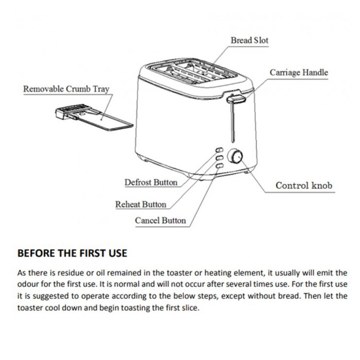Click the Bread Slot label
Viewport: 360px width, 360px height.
[249, 40]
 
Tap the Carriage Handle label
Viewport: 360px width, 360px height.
[299, 73]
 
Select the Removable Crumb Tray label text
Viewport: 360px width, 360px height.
[66, 89]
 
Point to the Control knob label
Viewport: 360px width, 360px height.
[304, 185]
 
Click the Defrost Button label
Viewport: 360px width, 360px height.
[151, 182]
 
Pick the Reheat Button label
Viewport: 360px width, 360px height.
[140, 204]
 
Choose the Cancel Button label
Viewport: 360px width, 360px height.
[160, 220]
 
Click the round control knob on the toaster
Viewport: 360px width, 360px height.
[235, 156]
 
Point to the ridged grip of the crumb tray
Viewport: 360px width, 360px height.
[71, 110]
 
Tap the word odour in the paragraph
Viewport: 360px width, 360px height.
[27, 284]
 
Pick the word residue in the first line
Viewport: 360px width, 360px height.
[69, 273]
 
